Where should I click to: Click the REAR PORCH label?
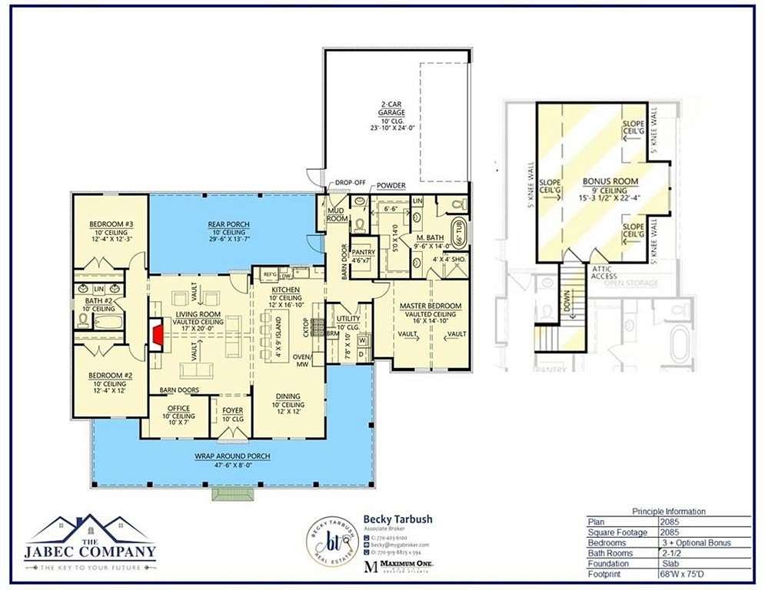click(x=228, y=225)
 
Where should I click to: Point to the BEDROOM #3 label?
click(x=111, y=224)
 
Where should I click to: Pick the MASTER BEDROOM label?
click(x=431, y=307)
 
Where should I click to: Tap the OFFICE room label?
click(x=178, y=408)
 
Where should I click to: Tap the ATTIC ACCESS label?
click(x=604, y=272)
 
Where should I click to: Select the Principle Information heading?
click(x=668, y=512)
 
